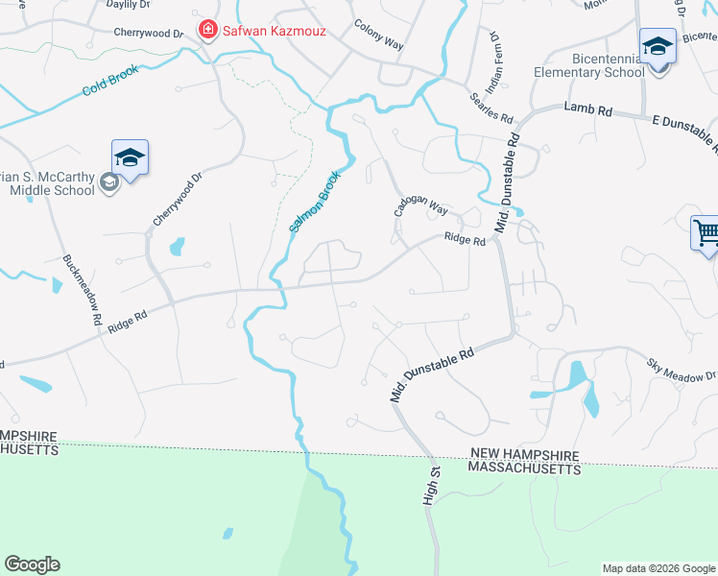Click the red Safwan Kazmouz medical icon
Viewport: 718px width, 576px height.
click(206, 31)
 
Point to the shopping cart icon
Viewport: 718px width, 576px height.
click(706, 233)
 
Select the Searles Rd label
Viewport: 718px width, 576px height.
click(491, 107)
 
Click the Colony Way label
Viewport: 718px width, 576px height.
click(378, 36)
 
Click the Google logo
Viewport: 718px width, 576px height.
click(32, 564)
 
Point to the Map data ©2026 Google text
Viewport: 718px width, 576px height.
click(658, 568)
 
